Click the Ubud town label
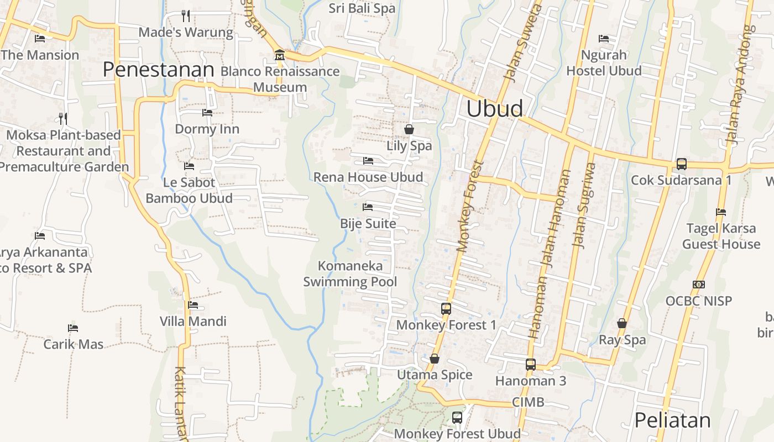pyautogui.click(x=494, y=108)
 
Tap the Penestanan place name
pyautogui.click(x=158, y=70)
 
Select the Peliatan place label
pyautogui.click(x=672, y=420)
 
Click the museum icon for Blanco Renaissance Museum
pyautogui.click(x=279, y=55)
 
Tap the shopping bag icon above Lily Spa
pyautogui.click(x=409, y=129)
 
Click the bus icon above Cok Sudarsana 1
pyautogui.click(x=681, y=164)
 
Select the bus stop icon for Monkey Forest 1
pyautogui.click(x=446, y=309)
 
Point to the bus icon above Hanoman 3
pyautogui.click(x=530, y=365)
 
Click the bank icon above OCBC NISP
pyautogui.click(x=698, y=285)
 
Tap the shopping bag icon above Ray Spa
pyautogui.click(x=622, y=323)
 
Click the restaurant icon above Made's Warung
pyautogui.click(x=186, y=15)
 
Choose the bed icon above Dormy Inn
pyautogui.click(x=207, y=113)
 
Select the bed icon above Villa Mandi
pyautogui.click(x=193, y=305)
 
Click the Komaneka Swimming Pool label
pyautogui.click(x=350, y=273)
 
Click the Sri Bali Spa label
pyautogui.click(x=362, y=8)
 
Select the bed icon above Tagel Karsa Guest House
pyautogui.click(x=720, y=212)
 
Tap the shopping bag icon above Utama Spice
pyautogui.click(x=435, y=359)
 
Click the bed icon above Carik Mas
pyautogui.click(x=72, y=328)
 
